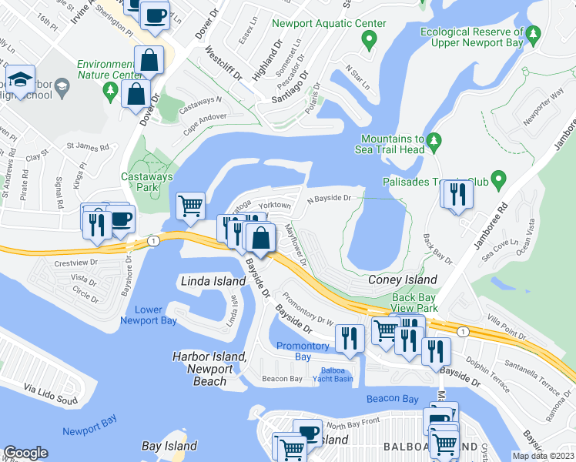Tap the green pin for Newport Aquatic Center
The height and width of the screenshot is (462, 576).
click(x=369, y=39)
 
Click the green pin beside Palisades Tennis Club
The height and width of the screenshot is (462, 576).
click(x=498, y=182)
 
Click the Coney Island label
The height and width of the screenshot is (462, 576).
click(x=402, y=280)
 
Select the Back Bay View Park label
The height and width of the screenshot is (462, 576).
click(x=415, y=303)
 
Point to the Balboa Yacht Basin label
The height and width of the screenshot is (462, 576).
click(x=332, y=375)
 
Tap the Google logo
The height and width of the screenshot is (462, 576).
click(x=25, y=453)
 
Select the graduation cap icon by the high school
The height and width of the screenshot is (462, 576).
click(x=19, y=79)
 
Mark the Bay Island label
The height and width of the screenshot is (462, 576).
click(x=170, y=446)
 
